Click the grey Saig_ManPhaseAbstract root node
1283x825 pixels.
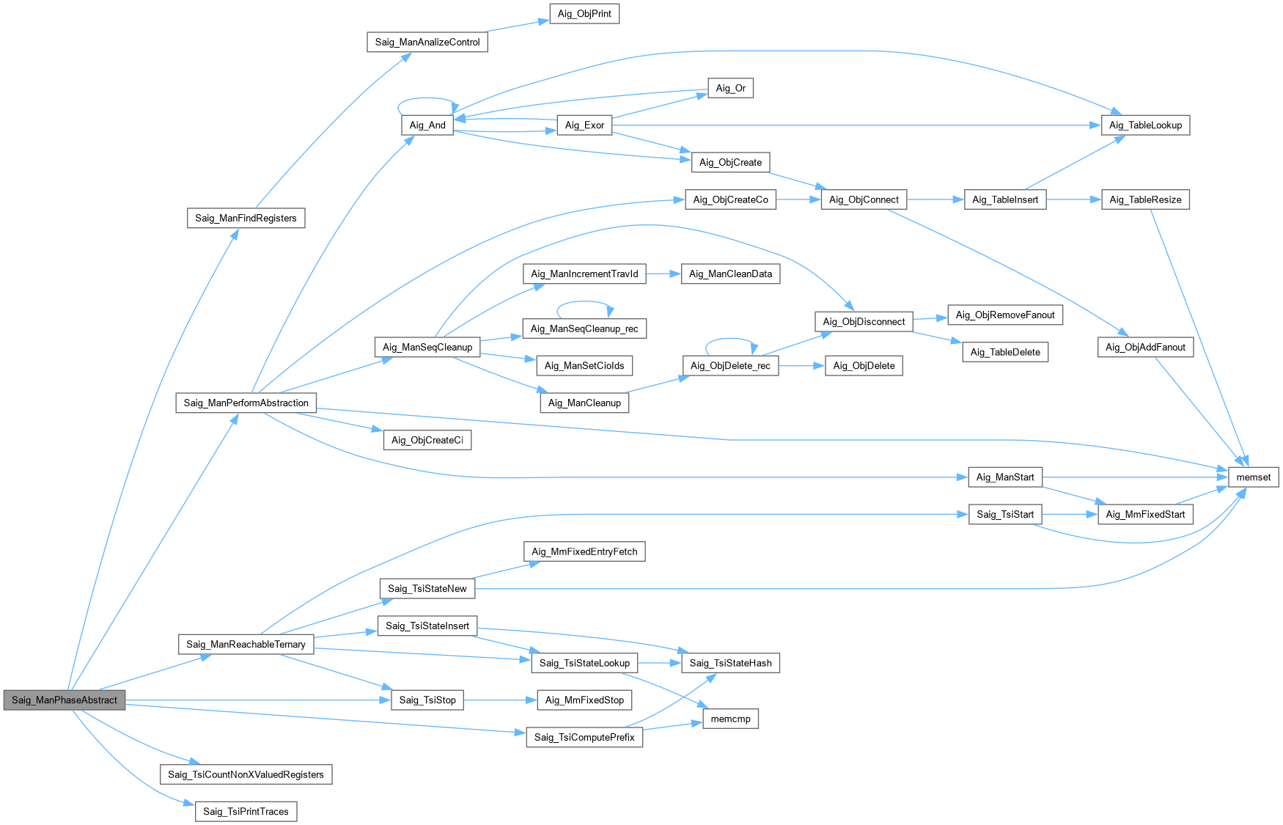coord(65,700)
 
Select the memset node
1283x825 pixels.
coord(1253,477)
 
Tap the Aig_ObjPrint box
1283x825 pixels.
coord(584,14)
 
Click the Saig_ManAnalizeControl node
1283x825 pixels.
coord(427,42)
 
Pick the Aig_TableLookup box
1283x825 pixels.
coord(1145,125)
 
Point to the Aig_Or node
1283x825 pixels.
coord(730,88)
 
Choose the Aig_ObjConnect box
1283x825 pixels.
coord(864,199)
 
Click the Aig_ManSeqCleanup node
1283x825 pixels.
coord(427,347)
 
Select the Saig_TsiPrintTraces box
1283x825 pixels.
coord(246,812)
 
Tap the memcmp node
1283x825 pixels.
coord(730,719)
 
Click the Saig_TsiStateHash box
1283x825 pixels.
coord(730,663)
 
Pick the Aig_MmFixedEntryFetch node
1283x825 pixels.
coord(584,551)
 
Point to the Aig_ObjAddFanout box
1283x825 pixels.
coord(1145,347)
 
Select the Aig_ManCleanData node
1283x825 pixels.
coord(730,274)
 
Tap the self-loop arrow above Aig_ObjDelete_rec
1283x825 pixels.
coord(730,339)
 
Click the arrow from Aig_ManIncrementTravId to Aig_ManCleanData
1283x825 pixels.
coord(663,274)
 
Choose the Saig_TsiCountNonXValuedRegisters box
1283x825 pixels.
coord(246,774)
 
